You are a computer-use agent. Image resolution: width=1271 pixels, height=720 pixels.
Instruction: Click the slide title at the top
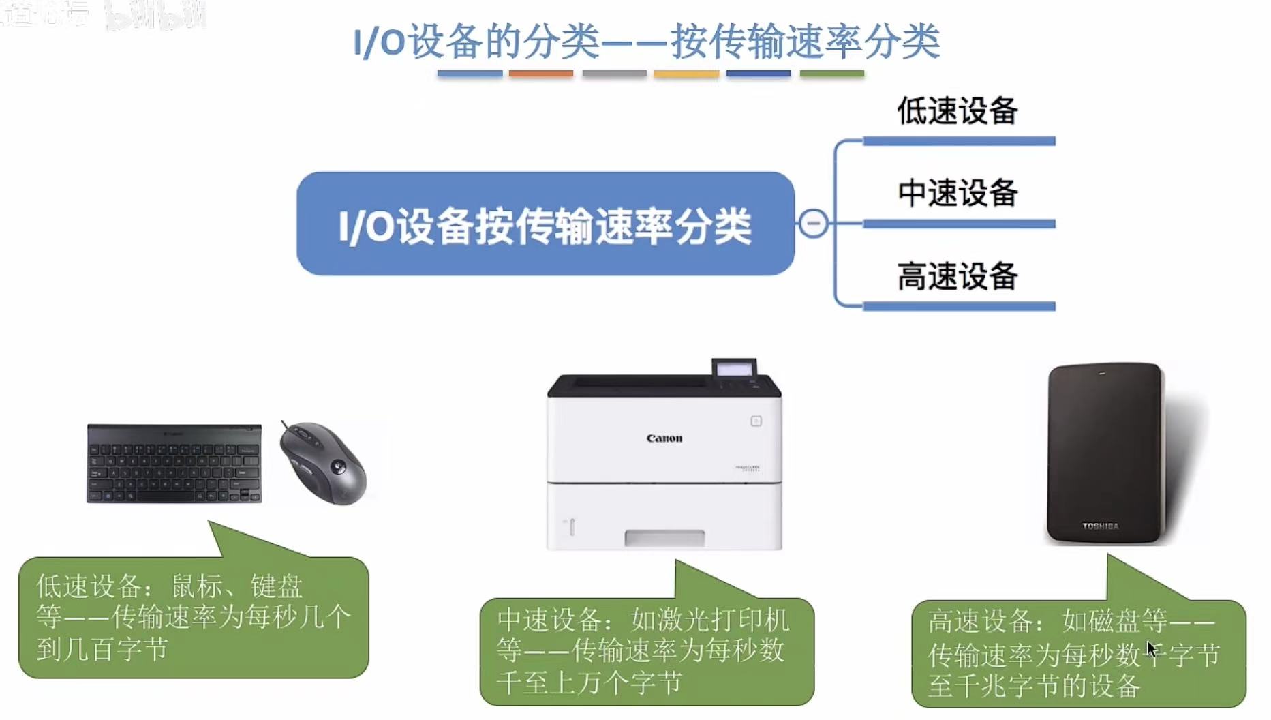(646, 41)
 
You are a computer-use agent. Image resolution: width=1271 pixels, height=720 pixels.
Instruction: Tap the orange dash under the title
(540, 74)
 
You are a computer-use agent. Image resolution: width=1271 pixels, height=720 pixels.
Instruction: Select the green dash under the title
(831, 74)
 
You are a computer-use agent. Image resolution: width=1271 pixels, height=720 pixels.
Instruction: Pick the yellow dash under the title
(686, 74)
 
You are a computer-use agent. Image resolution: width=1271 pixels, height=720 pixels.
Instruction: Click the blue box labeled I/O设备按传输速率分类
(545, 224)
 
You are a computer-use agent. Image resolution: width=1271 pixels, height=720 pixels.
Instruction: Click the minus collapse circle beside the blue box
(812, 224)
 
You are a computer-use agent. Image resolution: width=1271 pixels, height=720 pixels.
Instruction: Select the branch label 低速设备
(957, 111)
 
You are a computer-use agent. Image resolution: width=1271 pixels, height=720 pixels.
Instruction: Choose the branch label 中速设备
(957, 194)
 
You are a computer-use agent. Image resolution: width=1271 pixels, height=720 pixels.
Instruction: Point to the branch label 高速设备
(957, 277)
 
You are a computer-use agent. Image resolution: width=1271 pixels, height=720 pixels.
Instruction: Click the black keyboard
(174, 464)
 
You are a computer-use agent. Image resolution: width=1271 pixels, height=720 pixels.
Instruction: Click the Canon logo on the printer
(664, 438)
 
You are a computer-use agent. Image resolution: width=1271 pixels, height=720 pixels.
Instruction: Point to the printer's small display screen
(734, 369)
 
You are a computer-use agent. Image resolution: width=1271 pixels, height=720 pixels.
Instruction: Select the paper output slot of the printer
(664, 539)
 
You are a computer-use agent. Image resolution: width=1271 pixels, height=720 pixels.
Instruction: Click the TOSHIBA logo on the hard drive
(1100, 526)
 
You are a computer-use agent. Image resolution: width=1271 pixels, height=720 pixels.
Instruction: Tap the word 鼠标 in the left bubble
(197, 586)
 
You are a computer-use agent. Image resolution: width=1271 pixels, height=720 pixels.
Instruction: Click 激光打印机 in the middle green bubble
(710, 620)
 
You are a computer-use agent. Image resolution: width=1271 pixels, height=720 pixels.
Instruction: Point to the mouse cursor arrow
(1151, 648)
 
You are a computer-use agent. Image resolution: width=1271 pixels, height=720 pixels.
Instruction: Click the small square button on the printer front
(756, 421)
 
